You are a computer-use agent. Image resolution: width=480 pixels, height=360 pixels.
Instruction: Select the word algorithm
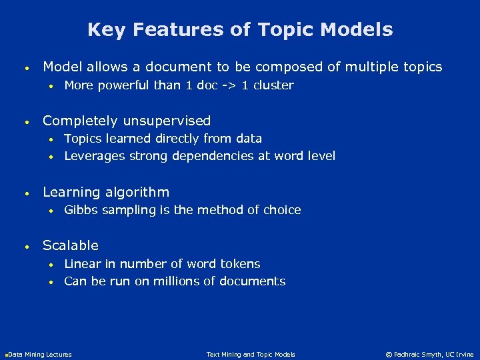point(138,192)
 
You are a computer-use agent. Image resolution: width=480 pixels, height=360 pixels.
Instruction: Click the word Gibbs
point(79,210)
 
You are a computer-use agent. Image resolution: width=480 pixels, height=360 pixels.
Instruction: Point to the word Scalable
point(71,245)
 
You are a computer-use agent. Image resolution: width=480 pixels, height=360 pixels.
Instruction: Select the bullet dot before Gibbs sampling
point(51,211)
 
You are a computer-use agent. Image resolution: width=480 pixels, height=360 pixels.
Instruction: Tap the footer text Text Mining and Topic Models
point(251,355)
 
